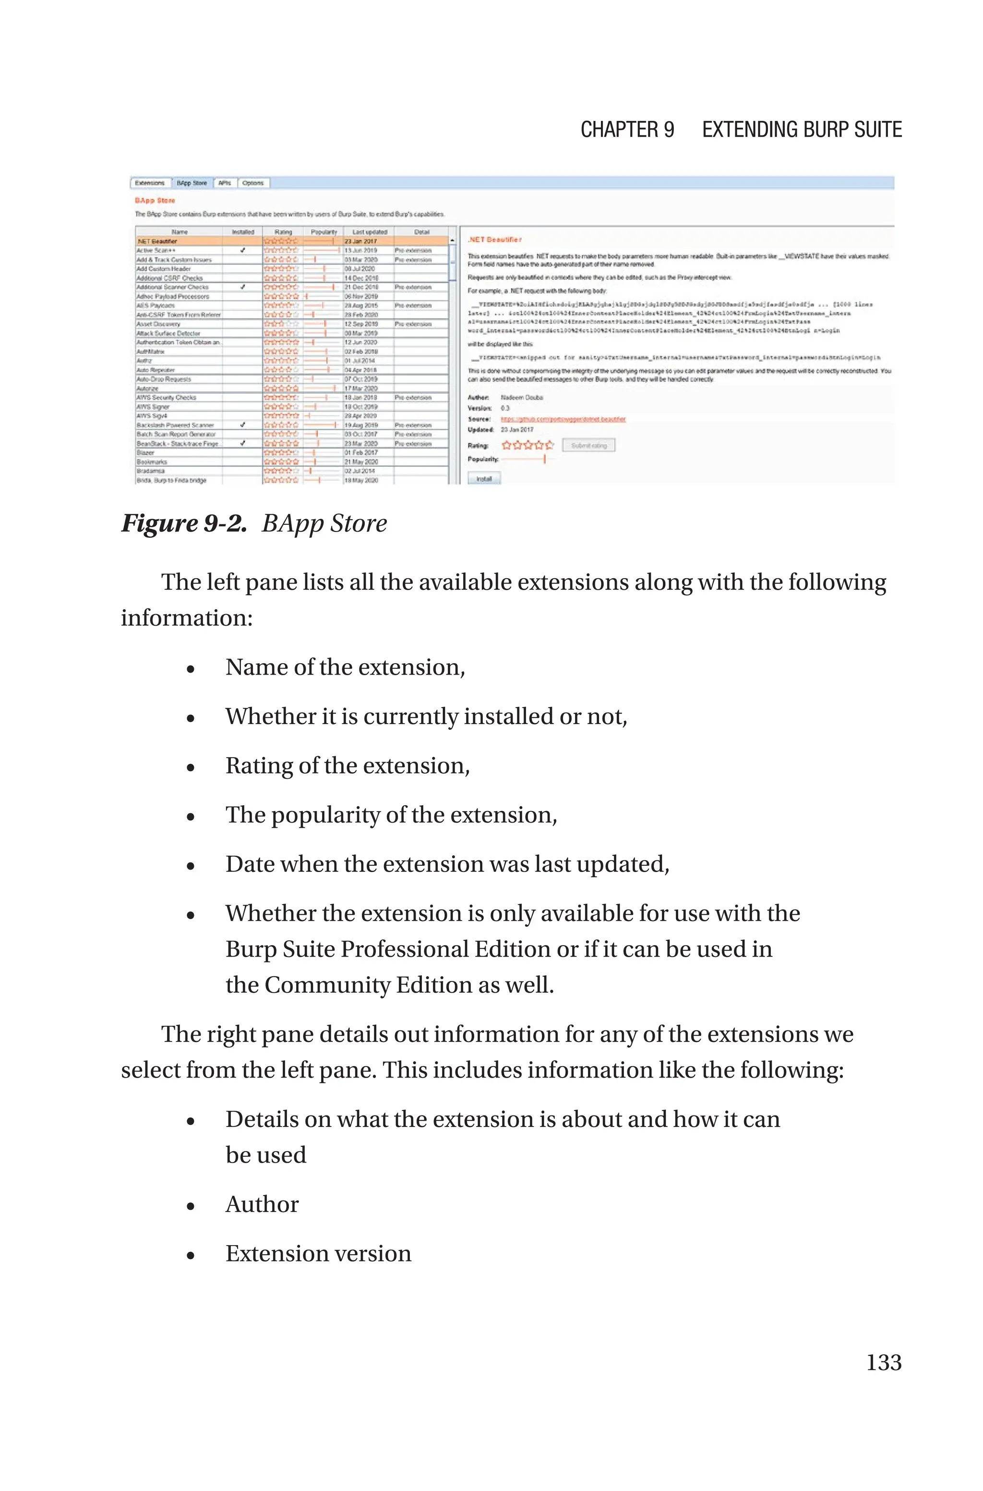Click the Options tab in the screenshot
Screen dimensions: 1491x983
pos(252,183)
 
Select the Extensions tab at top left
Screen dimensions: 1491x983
pos(150,183)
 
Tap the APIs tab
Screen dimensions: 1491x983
pos(225,183)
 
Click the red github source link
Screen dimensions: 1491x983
pos(563,419)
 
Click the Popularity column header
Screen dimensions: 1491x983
pos(324,232)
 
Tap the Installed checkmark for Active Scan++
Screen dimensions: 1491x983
pos(242,250)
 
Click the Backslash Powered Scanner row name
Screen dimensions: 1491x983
pos(176,425)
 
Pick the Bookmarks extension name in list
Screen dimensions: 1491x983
pos(152,461)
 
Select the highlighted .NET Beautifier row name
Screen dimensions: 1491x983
pos(157,241)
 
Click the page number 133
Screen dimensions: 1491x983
pos(883,1362)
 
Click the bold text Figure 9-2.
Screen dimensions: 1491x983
pos(184,523)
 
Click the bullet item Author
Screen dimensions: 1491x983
pos(262,1204)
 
